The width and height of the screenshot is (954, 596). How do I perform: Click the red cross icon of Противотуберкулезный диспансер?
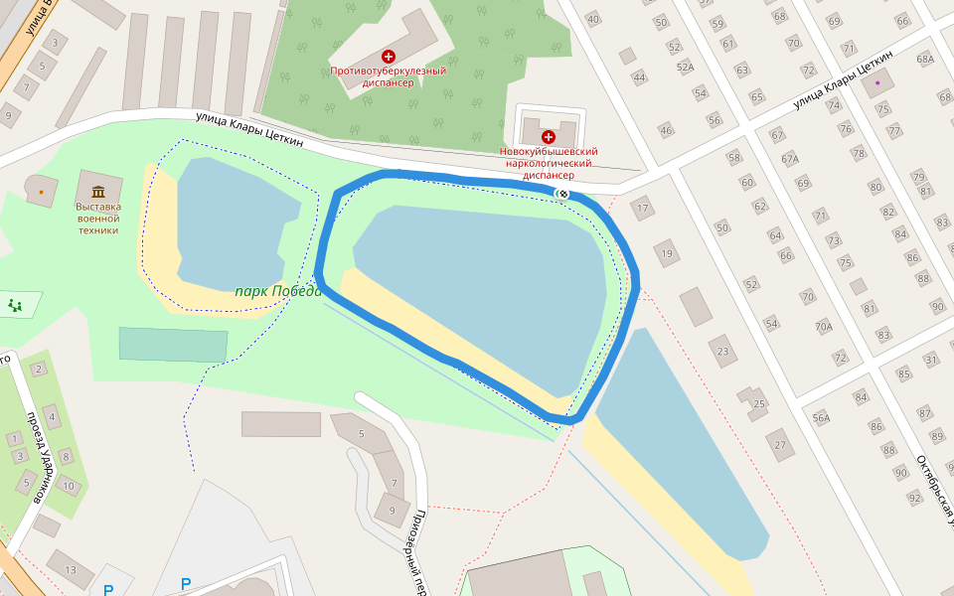pos(389,57)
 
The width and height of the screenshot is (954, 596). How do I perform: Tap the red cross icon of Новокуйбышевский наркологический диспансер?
pos(548,136)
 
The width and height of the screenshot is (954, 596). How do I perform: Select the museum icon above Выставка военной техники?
pos(97,191)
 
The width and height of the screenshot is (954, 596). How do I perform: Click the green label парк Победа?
pos(278,292)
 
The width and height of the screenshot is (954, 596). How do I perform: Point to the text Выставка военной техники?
pos(97,219)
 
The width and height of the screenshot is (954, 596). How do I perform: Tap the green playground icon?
pos(15,305)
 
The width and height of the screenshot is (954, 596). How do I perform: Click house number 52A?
pos(685,68)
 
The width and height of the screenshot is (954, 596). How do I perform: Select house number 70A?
pos(823,326)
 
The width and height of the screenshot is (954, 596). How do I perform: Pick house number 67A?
pos(790,159)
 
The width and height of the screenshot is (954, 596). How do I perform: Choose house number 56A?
pos(821,418)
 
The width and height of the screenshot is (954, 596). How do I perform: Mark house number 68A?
pos(925,60)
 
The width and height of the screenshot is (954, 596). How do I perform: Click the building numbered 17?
pos(642,209)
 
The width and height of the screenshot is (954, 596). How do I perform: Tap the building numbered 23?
pos(723,351)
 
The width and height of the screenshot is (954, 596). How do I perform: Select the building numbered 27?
pos(779,444)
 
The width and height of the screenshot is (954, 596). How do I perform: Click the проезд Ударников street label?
pos(40,456)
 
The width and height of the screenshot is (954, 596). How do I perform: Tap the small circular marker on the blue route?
pos(563,193)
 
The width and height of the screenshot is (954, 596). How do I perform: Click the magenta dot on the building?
pos(877,82)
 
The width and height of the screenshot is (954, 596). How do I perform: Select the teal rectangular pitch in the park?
pos(173,344)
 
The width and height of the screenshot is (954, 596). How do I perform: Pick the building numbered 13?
pos(71,569)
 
